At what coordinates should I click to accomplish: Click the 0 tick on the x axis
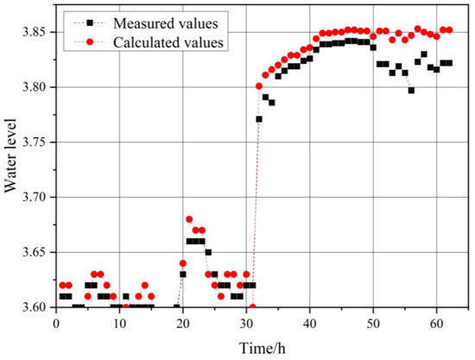coord(55,322)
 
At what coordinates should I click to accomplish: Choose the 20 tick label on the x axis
coord(182,322)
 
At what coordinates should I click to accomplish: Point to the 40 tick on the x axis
coord(309,322)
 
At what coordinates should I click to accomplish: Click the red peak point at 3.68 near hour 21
coord(189,219)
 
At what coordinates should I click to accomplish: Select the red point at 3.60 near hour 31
coord(252,307)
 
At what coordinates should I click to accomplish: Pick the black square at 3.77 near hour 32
coord(259,119)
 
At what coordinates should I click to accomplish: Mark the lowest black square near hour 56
coord(411,91)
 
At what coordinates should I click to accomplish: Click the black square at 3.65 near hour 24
coord(208,252)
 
